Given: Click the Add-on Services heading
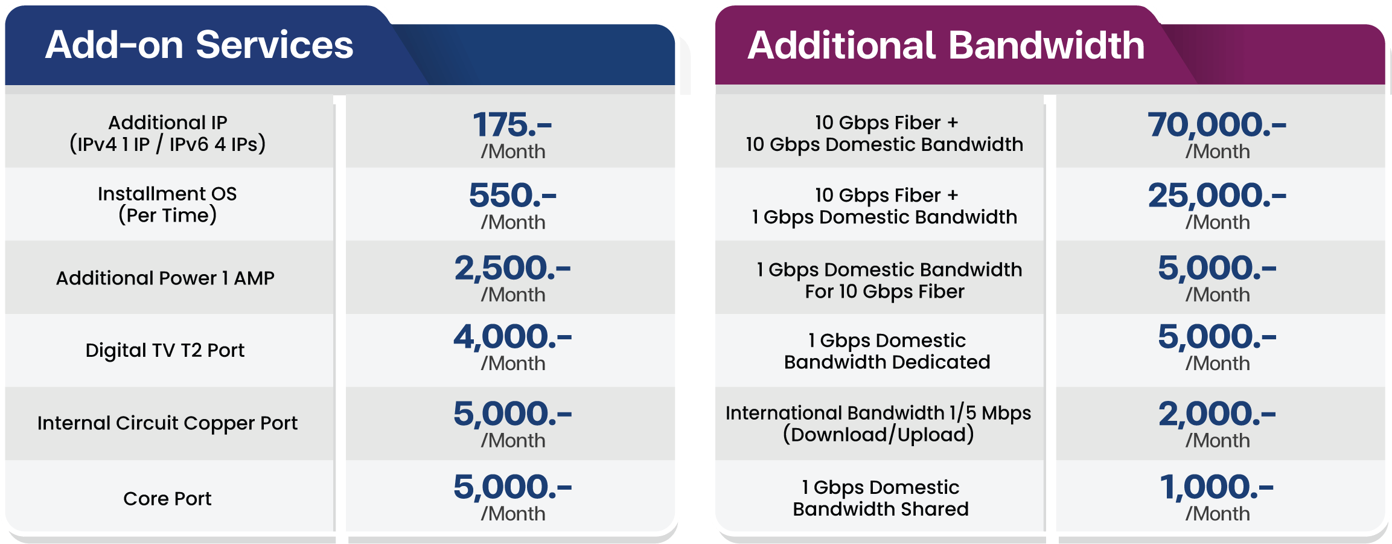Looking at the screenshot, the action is pyautogui.click(x=199, y=45).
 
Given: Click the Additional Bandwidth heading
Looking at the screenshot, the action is pyautogui.click(x=946, y=45).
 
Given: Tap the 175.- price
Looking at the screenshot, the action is pyautogui.click(x=512, y=124).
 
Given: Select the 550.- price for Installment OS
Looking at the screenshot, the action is pyautogui.click(x=512, y=195).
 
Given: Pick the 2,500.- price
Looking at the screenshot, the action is pyautogui.click(x=512, y=268).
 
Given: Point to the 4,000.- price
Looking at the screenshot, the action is pyautogui.click(x=512, y=337).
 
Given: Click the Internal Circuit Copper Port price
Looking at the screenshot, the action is pyautogui.click(x=512, y=414).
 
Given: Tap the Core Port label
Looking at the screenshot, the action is pyautogui.click(x=167, y=498).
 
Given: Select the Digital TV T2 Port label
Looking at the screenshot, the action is pyautogui.click(x=165, y=350).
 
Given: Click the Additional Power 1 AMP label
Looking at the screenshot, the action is pyautogui.click(x=165, y=278).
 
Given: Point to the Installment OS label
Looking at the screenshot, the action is pyautogui.click(x=167, y=204).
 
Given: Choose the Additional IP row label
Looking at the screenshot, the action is pyautogui.click(x=168, y=133).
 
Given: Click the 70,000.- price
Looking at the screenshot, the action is pyautogui.click(x=1217, y=124).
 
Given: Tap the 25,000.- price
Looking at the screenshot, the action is pyautogui.click(x=1217, y=195).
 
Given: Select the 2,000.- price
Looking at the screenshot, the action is pyautogui.click(x=1217, y=414).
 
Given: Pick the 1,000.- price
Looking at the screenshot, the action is pyautogui.click(x=1217, y=487).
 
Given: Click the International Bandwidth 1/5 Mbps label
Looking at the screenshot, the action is pyautogui.click(x=878, y=423).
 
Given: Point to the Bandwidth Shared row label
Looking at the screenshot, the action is pyautogui.click(x=881, y=498).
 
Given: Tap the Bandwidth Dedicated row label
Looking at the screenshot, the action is pyautogui.click(x=887, y=351).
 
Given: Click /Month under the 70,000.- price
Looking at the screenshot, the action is pyautogui.click(x=1218, y=152).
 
